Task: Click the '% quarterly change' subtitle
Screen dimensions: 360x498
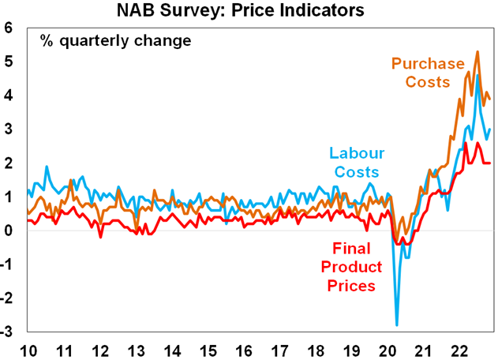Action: [x=115, y=40]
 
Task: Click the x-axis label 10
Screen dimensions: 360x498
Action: [x=28, y=349]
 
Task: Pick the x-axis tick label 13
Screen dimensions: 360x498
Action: [x=136, y=349]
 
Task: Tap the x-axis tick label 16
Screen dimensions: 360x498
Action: [x=243, y=349]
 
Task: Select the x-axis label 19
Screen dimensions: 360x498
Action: [x=350, y=349]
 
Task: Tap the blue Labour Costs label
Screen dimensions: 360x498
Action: [x=354, y=162]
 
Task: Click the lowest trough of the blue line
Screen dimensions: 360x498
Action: [x=396, y=324]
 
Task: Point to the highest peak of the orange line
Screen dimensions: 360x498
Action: [x=477, y=52]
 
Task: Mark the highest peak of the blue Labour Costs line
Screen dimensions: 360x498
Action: [x=477, y=76]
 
